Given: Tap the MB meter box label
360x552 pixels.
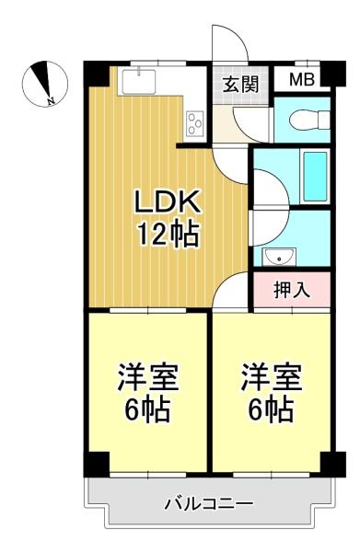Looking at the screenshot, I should click(x=301, y=79).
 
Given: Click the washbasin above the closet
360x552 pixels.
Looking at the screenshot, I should click(x=277, y=255).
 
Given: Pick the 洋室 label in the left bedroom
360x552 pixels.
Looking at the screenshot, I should click(x=146, y=376).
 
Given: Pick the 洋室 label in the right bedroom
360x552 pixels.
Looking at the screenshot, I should click(x=272, y=376).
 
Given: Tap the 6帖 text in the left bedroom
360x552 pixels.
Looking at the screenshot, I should click(x=146, y=408).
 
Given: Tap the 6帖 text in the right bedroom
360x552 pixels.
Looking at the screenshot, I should click(x=272, y=408).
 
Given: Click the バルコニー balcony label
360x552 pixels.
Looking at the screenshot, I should click(x=209, y=504).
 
